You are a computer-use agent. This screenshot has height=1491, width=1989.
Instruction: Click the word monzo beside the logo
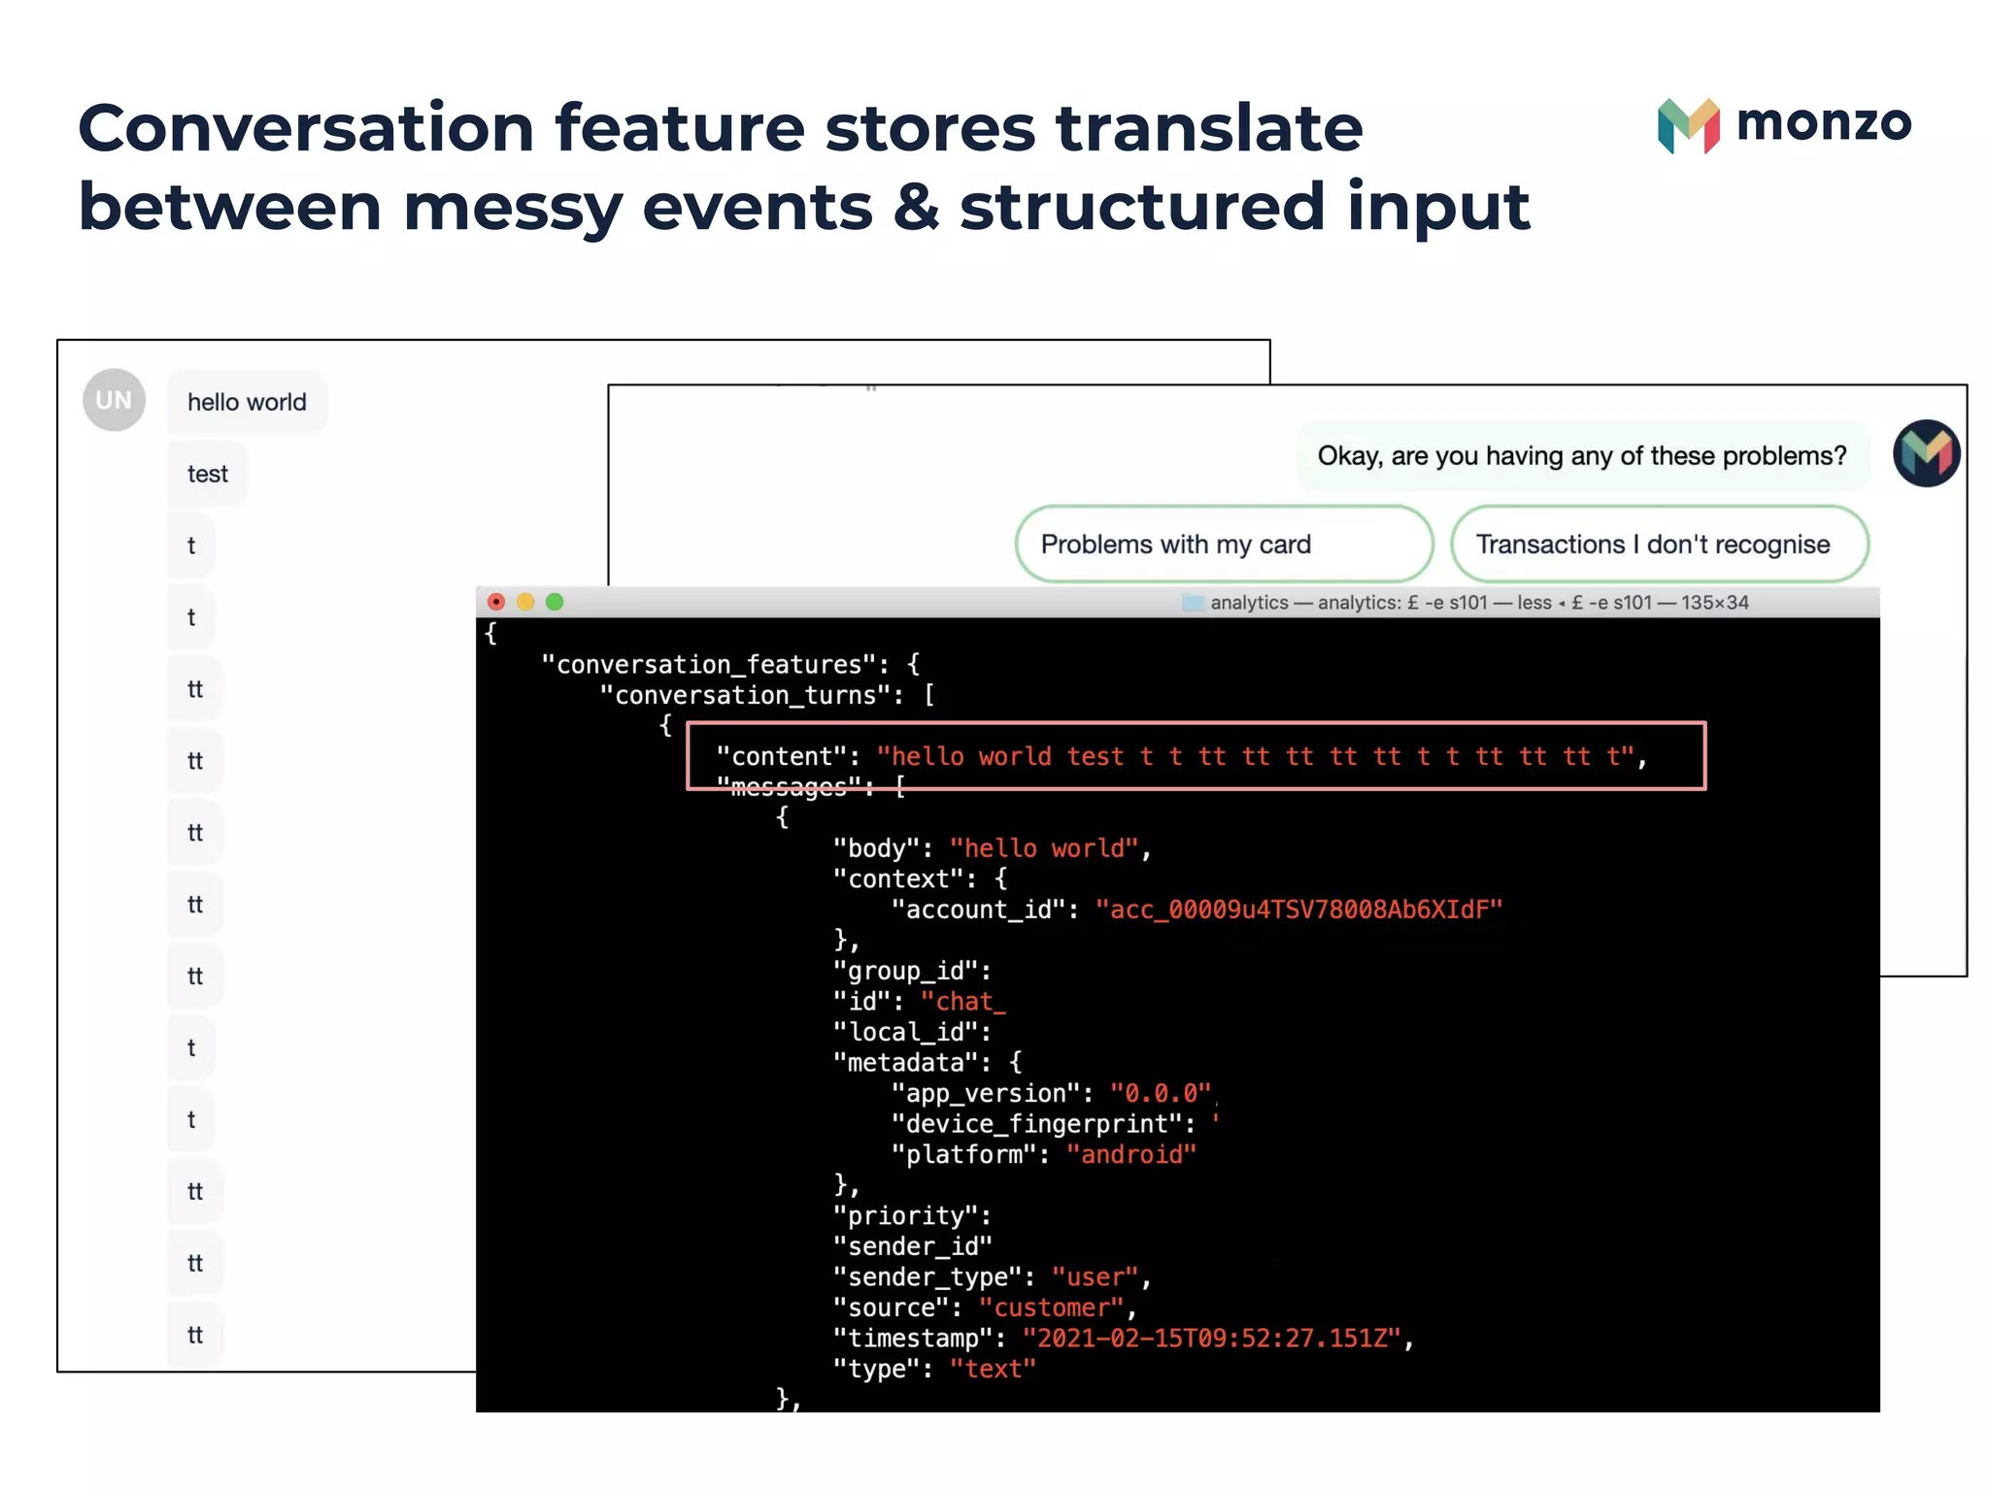click(x=1823, y=123)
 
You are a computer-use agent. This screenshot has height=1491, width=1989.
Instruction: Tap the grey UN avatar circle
click(x=114, y=400)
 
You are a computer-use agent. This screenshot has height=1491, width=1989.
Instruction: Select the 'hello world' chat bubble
click(x=247, y=402)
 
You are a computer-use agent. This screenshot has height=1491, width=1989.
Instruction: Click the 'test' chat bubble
click(x=207, y=474)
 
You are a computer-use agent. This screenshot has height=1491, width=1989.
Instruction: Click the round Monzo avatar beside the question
click(x=1926, y=452)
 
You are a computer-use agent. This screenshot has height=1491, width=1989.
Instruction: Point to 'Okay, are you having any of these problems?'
click(x=1581, y=456)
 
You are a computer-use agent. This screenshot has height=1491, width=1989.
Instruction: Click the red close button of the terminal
click(x=496, y=602)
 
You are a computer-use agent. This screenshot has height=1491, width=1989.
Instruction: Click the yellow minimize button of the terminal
click(x=525, y=602)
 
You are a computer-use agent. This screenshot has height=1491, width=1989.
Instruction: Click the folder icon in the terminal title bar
click(x=1193, y=603)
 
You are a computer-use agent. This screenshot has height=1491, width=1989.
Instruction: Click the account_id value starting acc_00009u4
click(x=1298, y=910)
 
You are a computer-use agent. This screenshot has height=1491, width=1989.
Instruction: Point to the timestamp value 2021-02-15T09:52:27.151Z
click(x=1212, y=1339)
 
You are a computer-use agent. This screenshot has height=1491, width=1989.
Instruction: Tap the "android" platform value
click(x=1131, y=1155)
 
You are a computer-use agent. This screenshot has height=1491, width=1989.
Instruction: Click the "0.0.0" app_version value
click(x=1161, y=1094)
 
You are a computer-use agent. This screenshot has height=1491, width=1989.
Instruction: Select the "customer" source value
click(x=1052, y=1309)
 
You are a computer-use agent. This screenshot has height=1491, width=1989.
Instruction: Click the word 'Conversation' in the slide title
click(x=306, y=128)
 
